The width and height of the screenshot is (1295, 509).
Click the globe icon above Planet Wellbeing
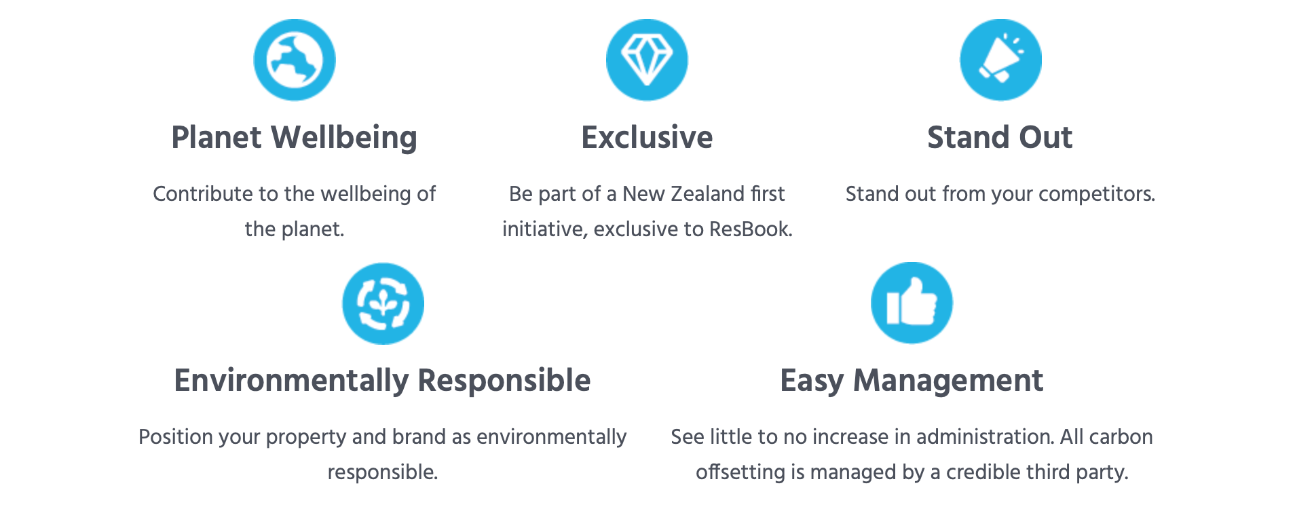[x=295, y=60]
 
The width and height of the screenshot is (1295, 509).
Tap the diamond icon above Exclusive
[x=647, y=60]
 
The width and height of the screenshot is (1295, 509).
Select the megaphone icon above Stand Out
[x=1000, y=60]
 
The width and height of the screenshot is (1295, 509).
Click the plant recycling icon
[x=383, y=303]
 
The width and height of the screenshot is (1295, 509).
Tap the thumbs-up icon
[x=912, y=303]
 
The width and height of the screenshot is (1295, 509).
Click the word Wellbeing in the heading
[x=344, y=138]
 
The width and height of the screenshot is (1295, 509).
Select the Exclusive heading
[x=647, y=137]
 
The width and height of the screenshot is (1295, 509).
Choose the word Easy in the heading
[x=812, y=381]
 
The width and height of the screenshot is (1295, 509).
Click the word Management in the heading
[x=948, y=381]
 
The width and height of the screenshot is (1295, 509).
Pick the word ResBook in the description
[x=751, y=229]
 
